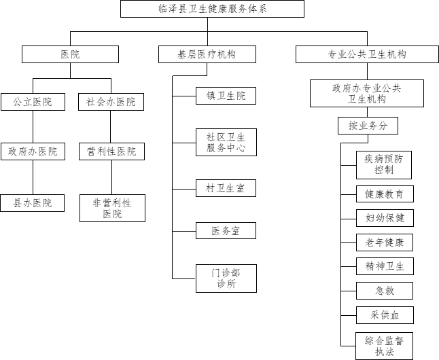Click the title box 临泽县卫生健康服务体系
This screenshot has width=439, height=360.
[212, 8]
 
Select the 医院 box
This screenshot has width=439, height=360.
[71, 54]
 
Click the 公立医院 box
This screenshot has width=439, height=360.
[33, 102]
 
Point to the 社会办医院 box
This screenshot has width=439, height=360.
[111, 102]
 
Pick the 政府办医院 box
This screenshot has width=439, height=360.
[33, 151]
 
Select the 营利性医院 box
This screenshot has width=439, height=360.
[111, 151]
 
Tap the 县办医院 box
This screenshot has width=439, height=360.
[33, 202]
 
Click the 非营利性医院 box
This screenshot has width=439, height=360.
[112, 208]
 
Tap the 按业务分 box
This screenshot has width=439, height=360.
[368, 126]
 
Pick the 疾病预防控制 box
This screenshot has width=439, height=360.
[384, 164]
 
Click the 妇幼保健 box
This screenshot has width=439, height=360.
[384, 218]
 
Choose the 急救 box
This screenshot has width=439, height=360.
[384, 291]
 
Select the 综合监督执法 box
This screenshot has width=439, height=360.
[384, 345]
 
